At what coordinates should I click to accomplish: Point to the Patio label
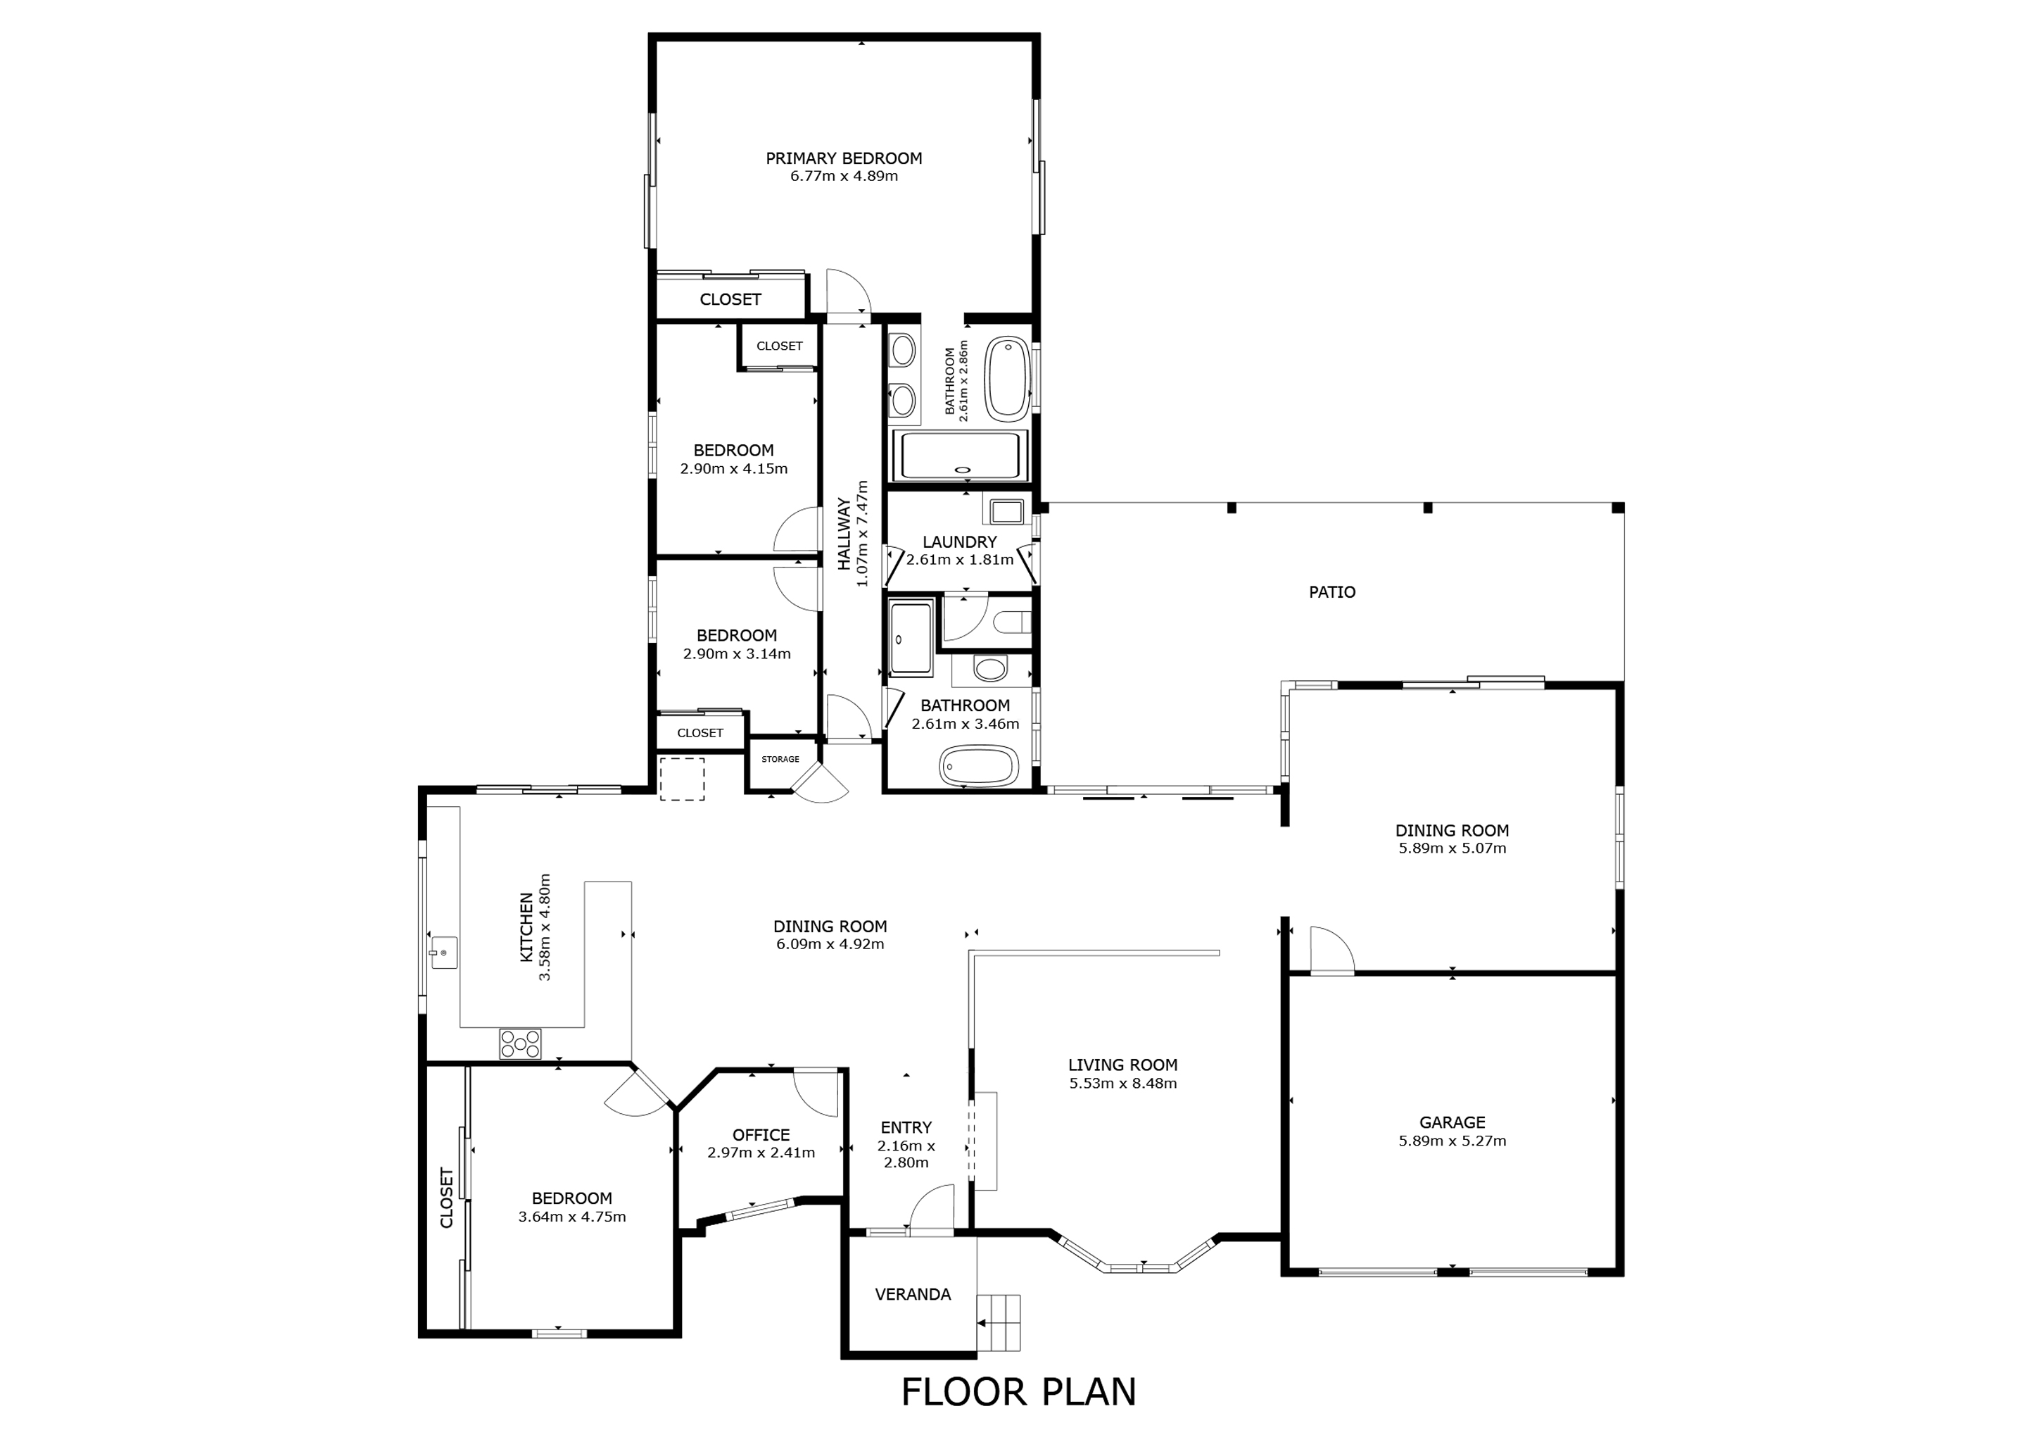click(1332, 592)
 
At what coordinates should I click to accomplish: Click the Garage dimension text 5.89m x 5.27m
click(1452, 1141)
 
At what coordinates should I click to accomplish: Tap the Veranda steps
click(999, 1322)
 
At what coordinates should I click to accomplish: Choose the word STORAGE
click(780, 759)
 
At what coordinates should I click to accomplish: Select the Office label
click(761, 1135)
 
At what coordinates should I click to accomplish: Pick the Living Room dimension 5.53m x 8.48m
click(1123, 1084)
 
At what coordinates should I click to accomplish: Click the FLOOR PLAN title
click(1019, 1392)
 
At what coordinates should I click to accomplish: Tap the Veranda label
click(913, 1295)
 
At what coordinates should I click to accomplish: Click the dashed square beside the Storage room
click(682, 779)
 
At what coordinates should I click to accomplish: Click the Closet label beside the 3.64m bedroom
click(446, 1198)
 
